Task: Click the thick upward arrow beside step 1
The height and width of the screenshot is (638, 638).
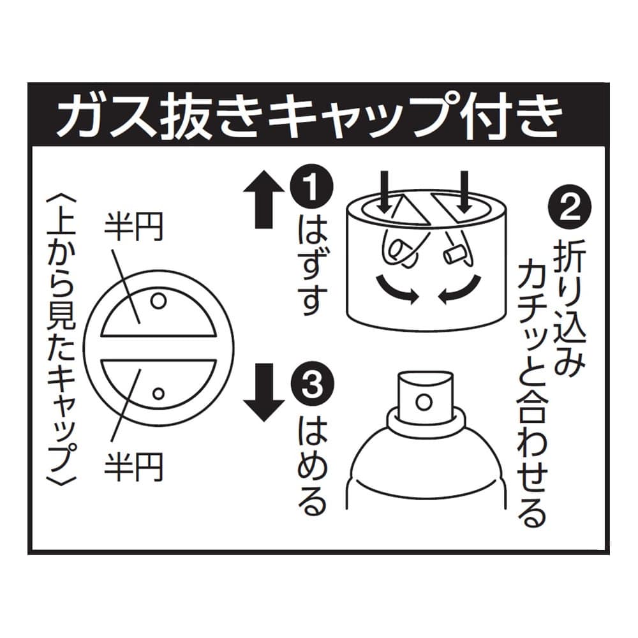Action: (x=264, y=198)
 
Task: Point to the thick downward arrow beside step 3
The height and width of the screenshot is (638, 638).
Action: (x=264, y=392)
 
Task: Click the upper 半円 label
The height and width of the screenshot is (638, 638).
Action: (x=133, y=226)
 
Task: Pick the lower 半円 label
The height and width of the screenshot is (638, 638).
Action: (x=133, y=467)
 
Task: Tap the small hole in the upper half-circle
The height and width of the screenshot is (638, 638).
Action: (x=158, y=302)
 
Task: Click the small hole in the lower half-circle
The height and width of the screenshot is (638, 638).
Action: (x=158, y=394)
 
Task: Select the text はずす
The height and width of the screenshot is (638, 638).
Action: (x=312, y=267)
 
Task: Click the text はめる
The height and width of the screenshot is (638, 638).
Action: (x=312, y=466)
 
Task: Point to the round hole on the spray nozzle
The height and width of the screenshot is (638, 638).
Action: (x=424, y=402)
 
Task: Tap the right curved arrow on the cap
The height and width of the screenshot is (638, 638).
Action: (x=460, y=290)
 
